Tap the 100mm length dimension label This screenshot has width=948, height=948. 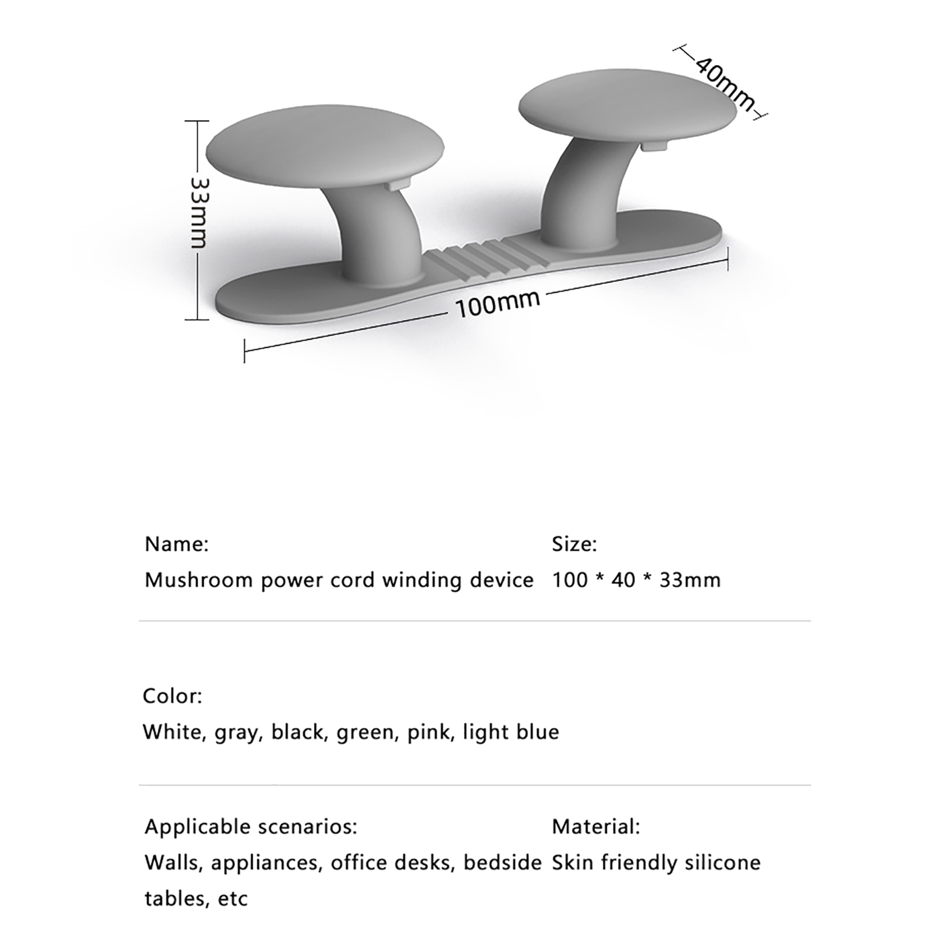coord(498,302)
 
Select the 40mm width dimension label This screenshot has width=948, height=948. coord(725,84)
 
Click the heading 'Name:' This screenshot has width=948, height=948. coord(177,544)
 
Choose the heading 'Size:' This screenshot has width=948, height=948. coord(574,544)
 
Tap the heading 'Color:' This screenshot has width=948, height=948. coord(172,696)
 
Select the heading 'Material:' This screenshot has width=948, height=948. coord(596,826)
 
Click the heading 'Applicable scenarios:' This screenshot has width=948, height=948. coord(251,826)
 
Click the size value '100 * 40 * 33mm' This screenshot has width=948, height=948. coord(636,579)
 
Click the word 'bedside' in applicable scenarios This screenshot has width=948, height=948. coord(502,862)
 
